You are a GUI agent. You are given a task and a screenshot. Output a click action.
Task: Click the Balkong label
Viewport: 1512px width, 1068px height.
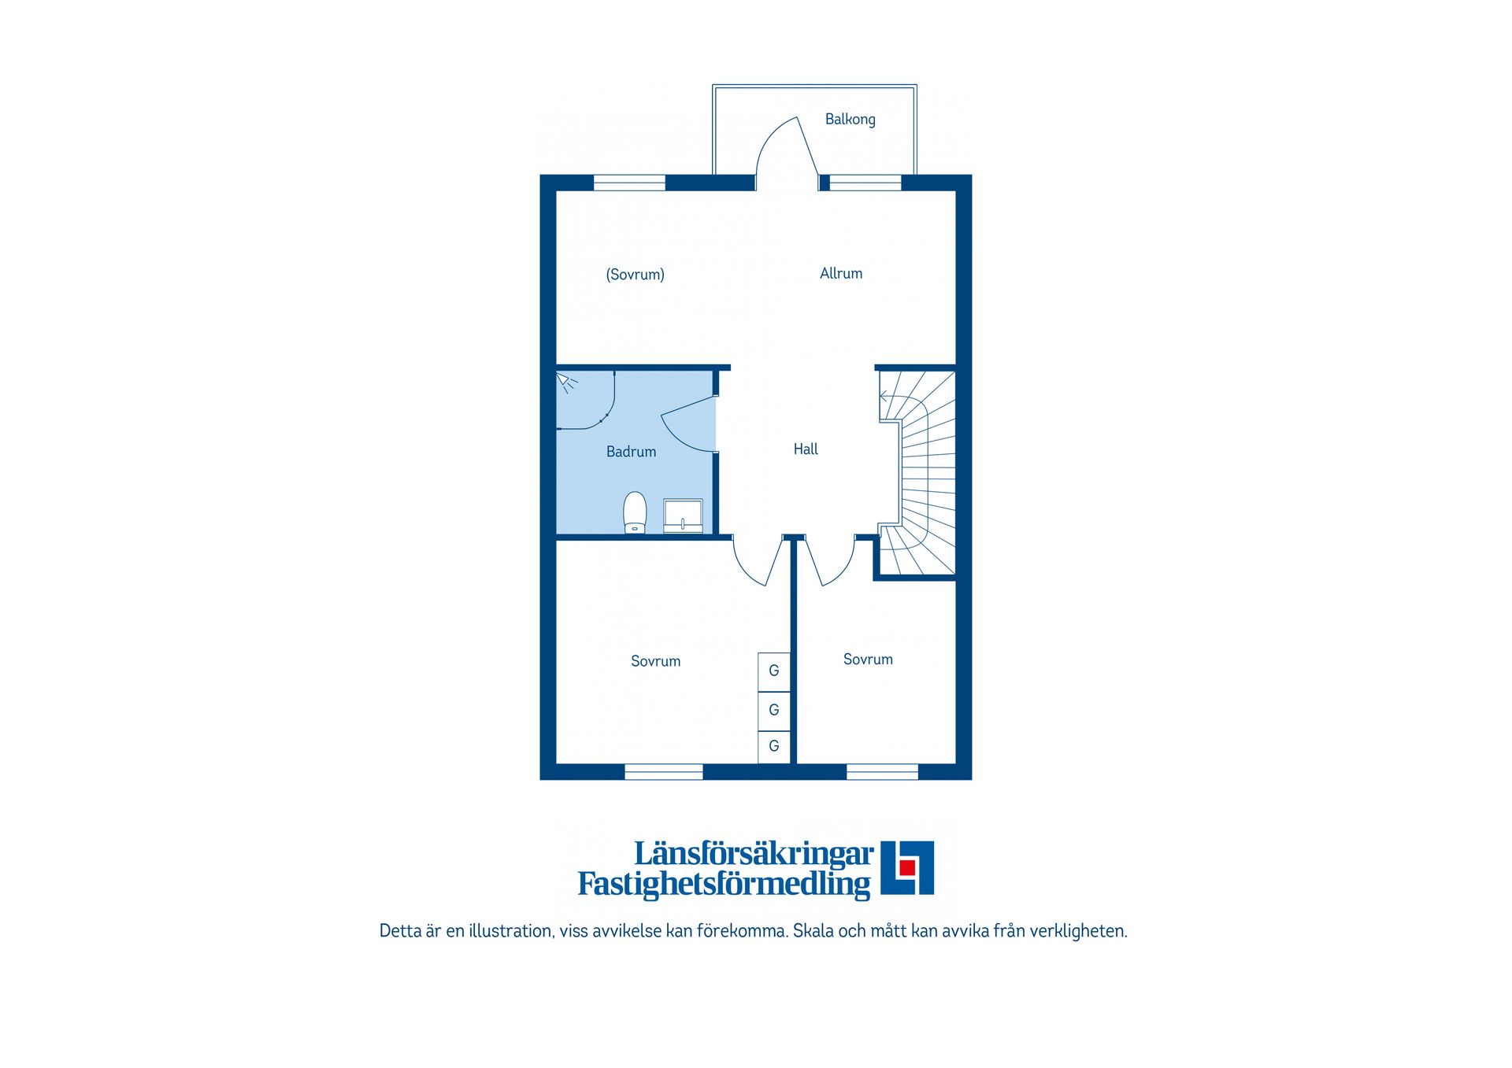850,120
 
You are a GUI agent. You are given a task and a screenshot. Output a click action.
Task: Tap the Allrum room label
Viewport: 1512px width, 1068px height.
841,273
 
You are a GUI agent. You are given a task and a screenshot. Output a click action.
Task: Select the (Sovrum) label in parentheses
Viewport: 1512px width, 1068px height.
635,275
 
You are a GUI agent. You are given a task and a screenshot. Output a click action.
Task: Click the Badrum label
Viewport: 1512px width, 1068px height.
631,452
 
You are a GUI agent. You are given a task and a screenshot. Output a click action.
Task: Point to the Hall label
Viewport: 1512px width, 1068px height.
806,449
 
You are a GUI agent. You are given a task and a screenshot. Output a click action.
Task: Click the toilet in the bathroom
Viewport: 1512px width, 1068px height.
635,512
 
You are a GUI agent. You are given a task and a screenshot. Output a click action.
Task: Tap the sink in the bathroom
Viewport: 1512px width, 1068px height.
683,516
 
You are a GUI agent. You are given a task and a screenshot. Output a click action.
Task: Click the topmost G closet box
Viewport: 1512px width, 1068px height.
774,671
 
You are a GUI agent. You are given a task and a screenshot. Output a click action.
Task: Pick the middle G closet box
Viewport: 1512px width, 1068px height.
774,711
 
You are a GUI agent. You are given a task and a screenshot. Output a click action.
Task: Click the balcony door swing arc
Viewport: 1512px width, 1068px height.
768,138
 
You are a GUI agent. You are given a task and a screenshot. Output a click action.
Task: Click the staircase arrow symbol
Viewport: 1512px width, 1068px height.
884,396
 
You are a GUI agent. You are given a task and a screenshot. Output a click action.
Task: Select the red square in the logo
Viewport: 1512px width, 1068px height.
907,867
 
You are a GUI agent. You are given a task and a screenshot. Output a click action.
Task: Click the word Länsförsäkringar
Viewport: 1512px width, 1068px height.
754,854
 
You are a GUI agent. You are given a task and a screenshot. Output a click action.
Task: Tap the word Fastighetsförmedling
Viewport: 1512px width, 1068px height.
724,884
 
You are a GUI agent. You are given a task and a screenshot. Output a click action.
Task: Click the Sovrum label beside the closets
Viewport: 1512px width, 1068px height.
655,661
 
